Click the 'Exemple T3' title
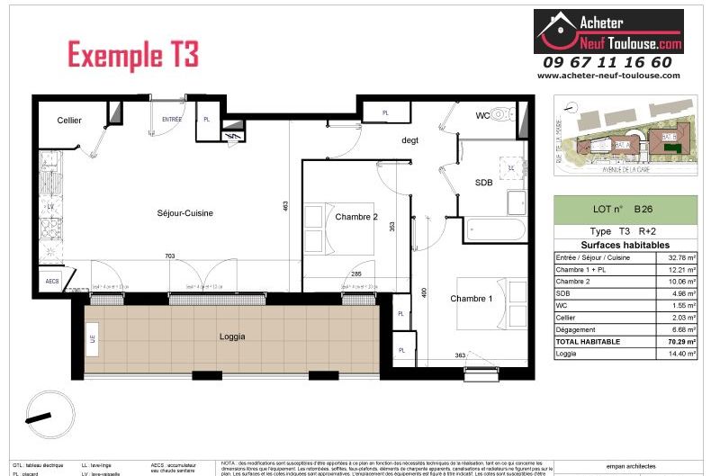[133, 55]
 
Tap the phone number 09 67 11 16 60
[607, 62]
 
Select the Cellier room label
[69, 121]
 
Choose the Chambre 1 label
[472, 299]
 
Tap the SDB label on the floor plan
[484, 183]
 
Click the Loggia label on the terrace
[233, 337]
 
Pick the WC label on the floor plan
[484, 115]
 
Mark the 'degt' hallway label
[411, 139]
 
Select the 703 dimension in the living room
[170, 256]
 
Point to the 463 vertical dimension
[284, 206]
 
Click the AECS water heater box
[53, 282]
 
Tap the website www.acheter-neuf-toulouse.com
[608, 76]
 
